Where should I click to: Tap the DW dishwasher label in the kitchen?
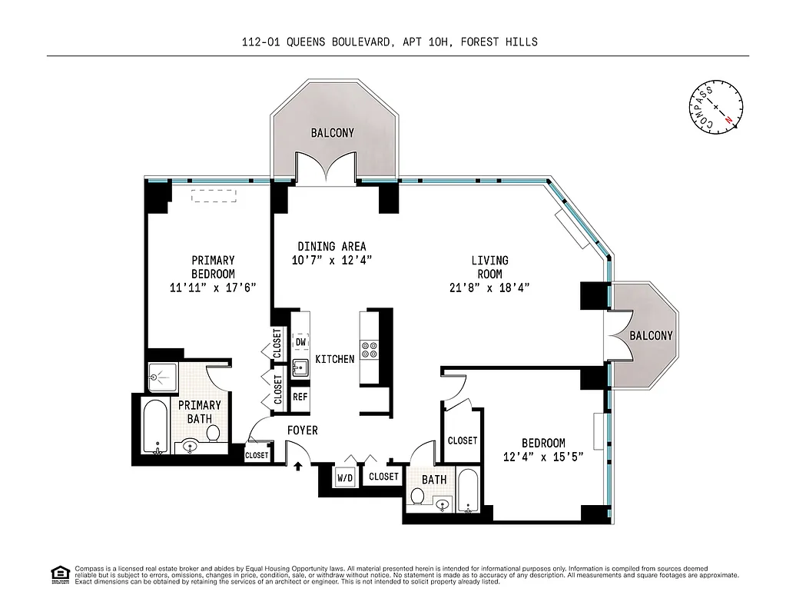[301, 342]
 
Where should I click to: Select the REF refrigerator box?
[300, 397]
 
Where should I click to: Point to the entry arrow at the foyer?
[298, 466]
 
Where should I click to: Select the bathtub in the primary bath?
[156, 428]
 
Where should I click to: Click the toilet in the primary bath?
[213, 433]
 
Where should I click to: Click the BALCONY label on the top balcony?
[333, 133]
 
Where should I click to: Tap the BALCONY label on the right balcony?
[651, 336]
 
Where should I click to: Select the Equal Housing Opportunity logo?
[57, 574]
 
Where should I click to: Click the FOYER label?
[302, 430]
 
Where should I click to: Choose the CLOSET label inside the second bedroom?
[463, 440]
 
